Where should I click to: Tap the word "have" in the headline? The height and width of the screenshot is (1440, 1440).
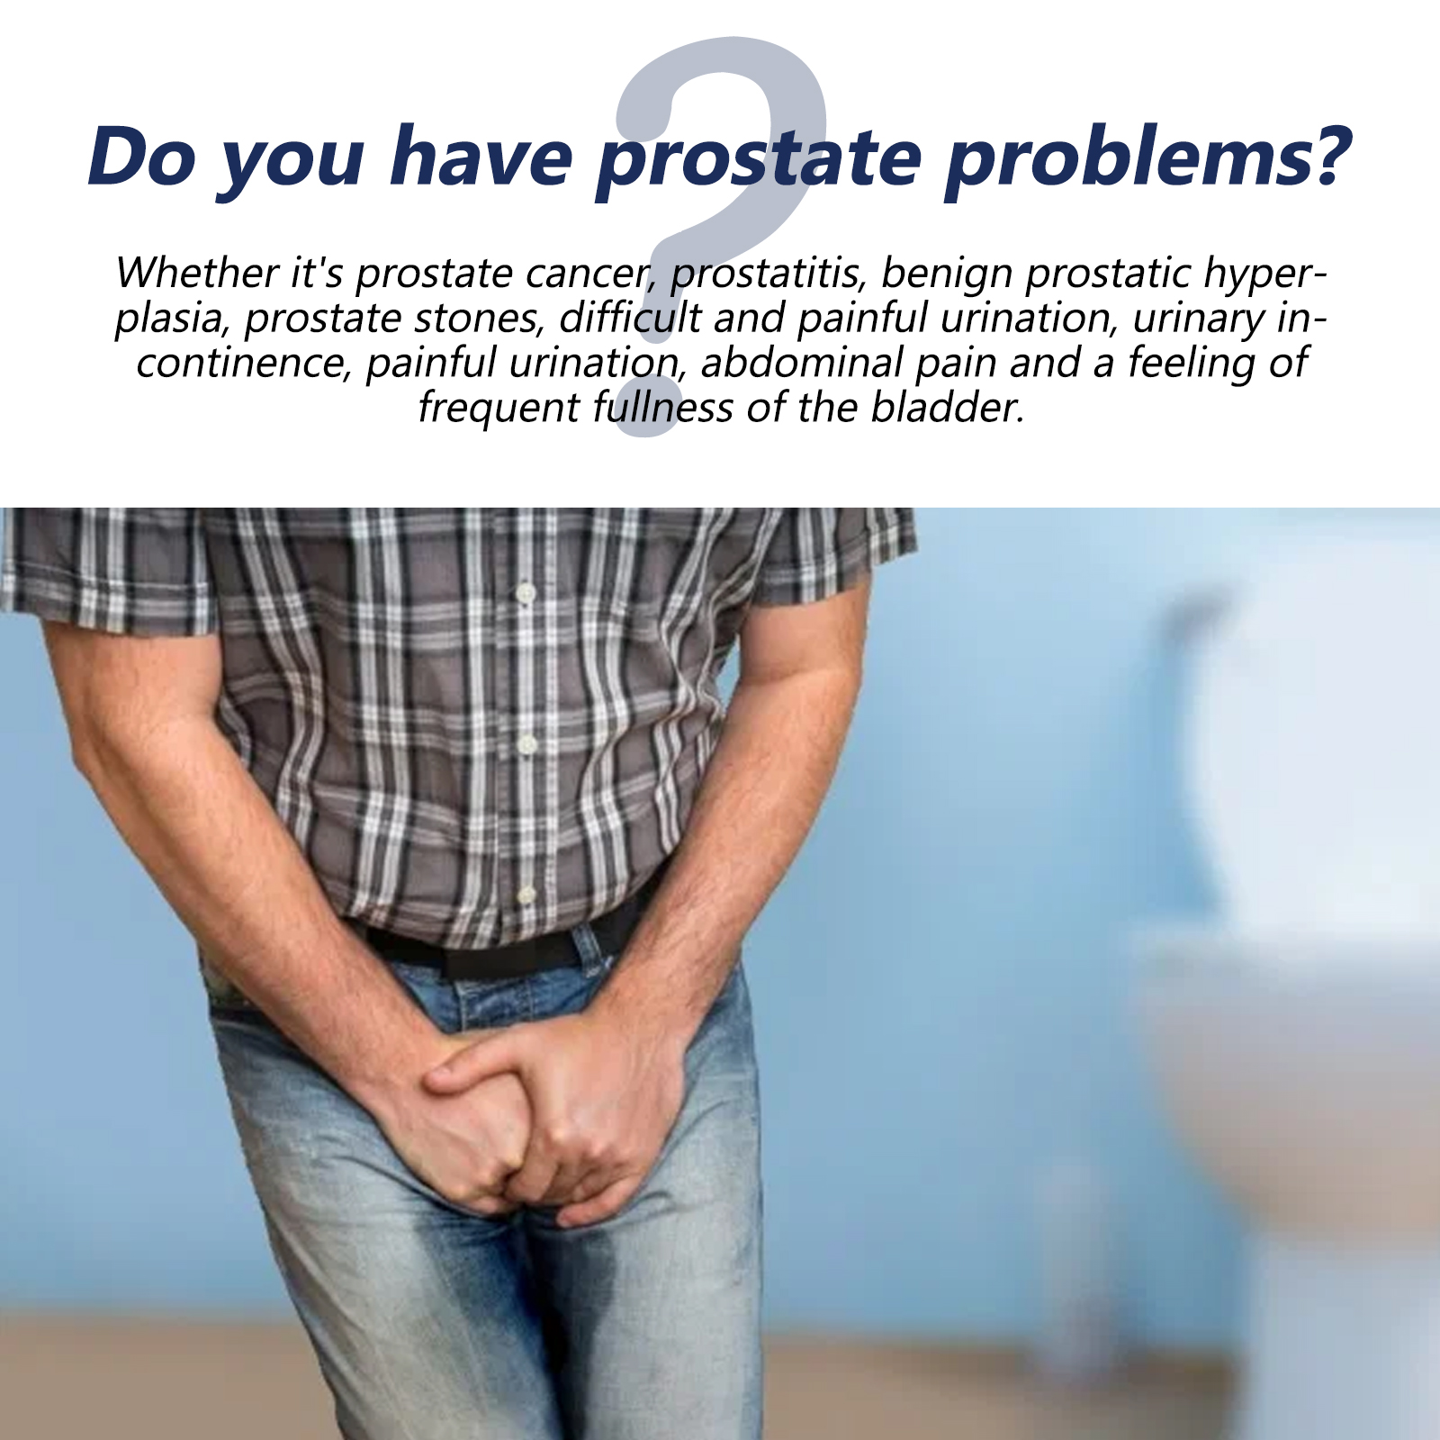pyautogui.click(x=481, y=157)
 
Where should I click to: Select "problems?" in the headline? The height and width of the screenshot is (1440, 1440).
pyautogui.click(x=1148, y=157)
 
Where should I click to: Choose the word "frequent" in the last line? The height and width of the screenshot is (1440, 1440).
pyautogui.click(x=498, y=409)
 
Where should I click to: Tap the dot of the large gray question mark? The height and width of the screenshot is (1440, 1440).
pyautogui.click(x=646, y=410)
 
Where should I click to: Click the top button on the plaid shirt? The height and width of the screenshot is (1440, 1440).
pyautogui.click(x=525, y=593)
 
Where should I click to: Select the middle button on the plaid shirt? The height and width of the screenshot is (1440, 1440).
pyautogui.click(x=526, y=744)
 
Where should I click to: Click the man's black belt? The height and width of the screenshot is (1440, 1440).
pyautogui.click(x=504, y=949)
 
